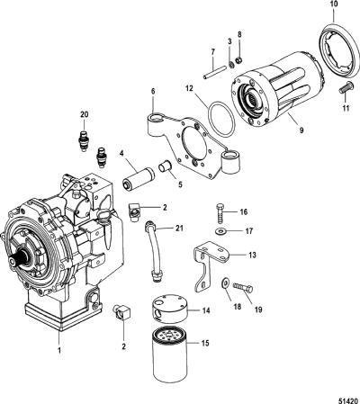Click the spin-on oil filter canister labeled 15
(170, 355)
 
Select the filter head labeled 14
(170, 310)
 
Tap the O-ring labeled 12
(221, 119)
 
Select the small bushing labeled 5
(166, 166)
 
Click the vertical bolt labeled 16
(220, 212)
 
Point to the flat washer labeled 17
(221, 231)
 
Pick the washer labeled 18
(225, 282)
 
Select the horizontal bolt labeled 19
(243, 287)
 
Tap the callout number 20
(85, 114)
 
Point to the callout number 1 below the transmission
(59, 350)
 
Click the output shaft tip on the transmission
(12, 262)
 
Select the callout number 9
(301, 130)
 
